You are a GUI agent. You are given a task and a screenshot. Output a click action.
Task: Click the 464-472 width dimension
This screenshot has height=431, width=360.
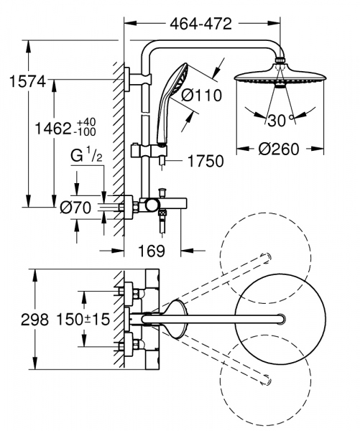coord(202,24)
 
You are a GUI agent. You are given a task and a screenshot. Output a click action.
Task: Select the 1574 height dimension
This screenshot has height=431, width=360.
coord(22,83)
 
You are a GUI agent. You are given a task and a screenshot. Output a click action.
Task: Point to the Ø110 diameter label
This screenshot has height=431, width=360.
coord(200,94)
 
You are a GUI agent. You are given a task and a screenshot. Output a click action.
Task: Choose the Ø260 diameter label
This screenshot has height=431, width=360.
coord(278,149)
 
